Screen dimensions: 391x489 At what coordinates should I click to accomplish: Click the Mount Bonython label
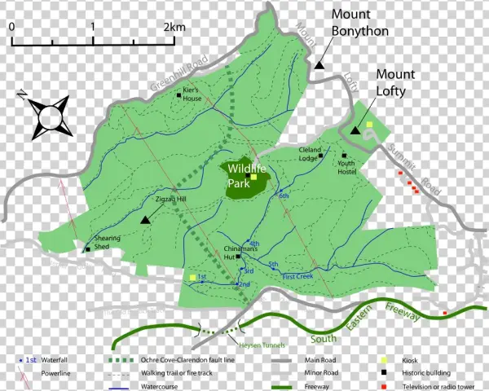(x=359, y=23)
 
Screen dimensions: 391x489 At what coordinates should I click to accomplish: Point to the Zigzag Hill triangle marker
(x=145, y=219)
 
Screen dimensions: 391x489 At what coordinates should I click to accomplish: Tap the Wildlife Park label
(x=242, y=176)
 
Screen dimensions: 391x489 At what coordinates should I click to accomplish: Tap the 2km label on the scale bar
(x=174, y=26)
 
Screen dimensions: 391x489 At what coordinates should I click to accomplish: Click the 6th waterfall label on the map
(x=284, y=196)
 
